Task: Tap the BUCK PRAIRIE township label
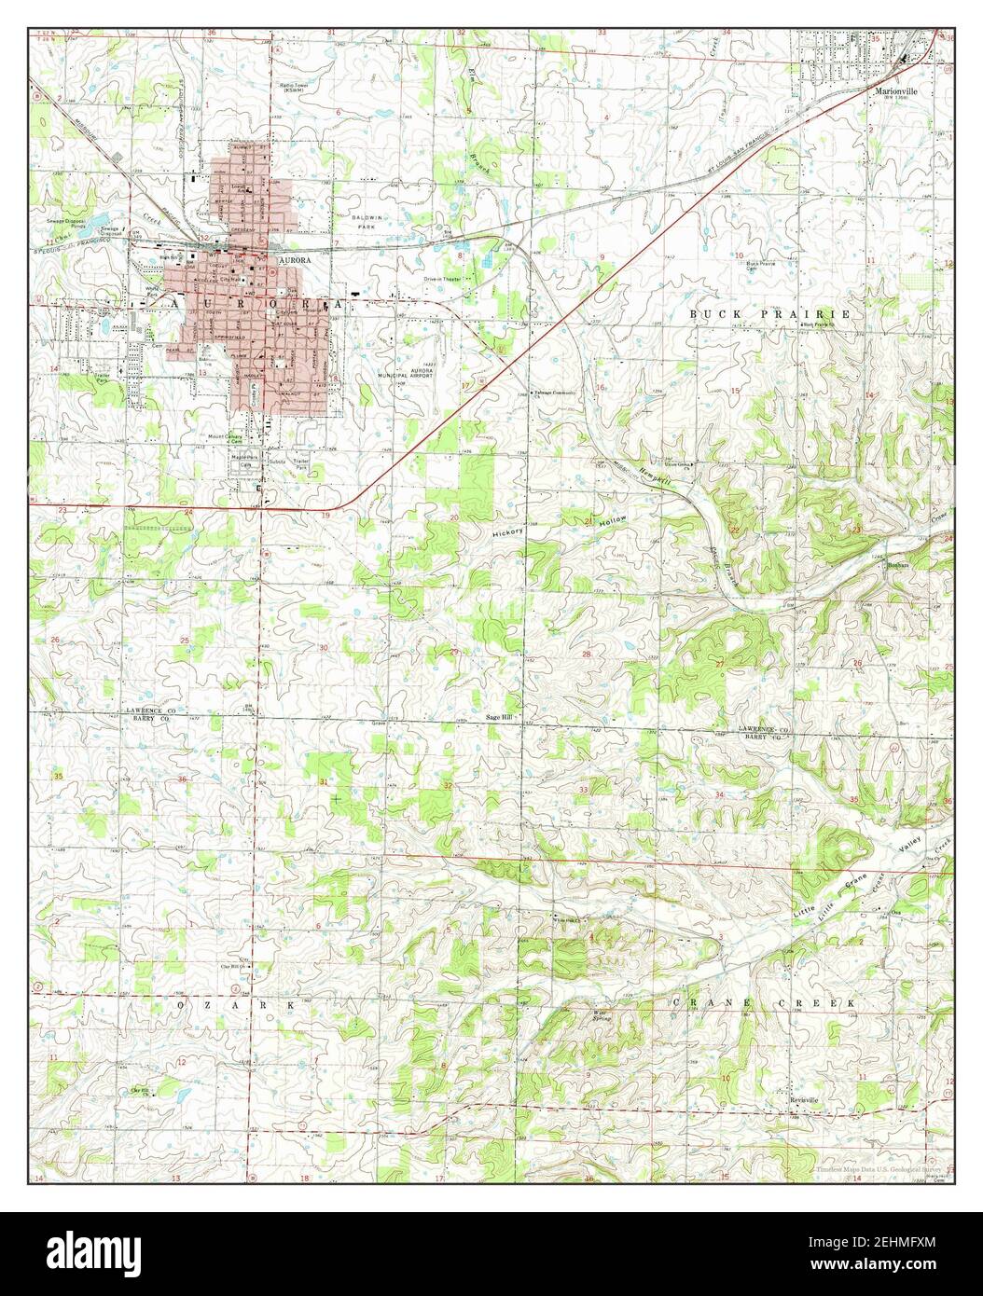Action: [x=770, y=314]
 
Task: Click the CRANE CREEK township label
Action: [x=764, y=1001]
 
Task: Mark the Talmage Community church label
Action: [x=554, y=393]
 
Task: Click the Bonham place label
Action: [x=897, y=565]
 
